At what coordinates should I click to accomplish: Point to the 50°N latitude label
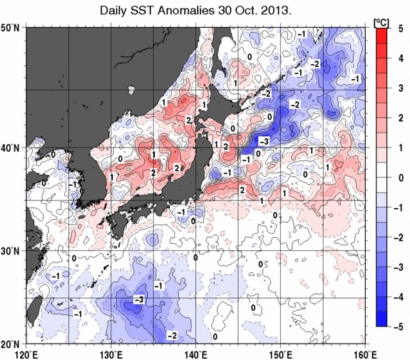(10, 27)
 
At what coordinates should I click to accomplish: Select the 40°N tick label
(10, 148)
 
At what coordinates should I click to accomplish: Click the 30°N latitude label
(10, 251)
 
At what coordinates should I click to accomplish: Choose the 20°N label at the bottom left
(10, 344)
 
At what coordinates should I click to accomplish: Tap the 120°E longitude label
(26, 355)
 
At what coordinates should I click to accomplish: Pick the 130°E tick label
(111, 355)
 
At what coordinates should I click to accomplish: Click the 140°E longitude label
(196, 355)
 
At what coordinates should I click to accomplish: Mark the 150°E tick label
(281, 355)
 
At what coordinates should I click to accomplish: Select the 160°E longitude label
(366, 355)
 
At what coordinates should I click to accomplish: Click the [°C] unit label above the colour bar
(381, 23)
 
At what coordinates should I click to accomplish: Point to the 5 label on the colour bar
(401, 29)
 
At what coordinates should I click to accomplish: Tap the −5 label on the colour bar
(398, 327)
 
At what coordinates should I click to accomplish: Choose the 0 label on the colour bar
(401, 178)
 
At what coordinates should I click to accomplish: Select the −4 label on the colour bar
(398, 297)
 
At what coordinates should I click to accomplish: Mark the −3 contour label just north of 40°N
(264, 141)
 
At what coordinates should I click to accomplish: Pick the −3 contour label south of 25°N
(138, 299)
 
